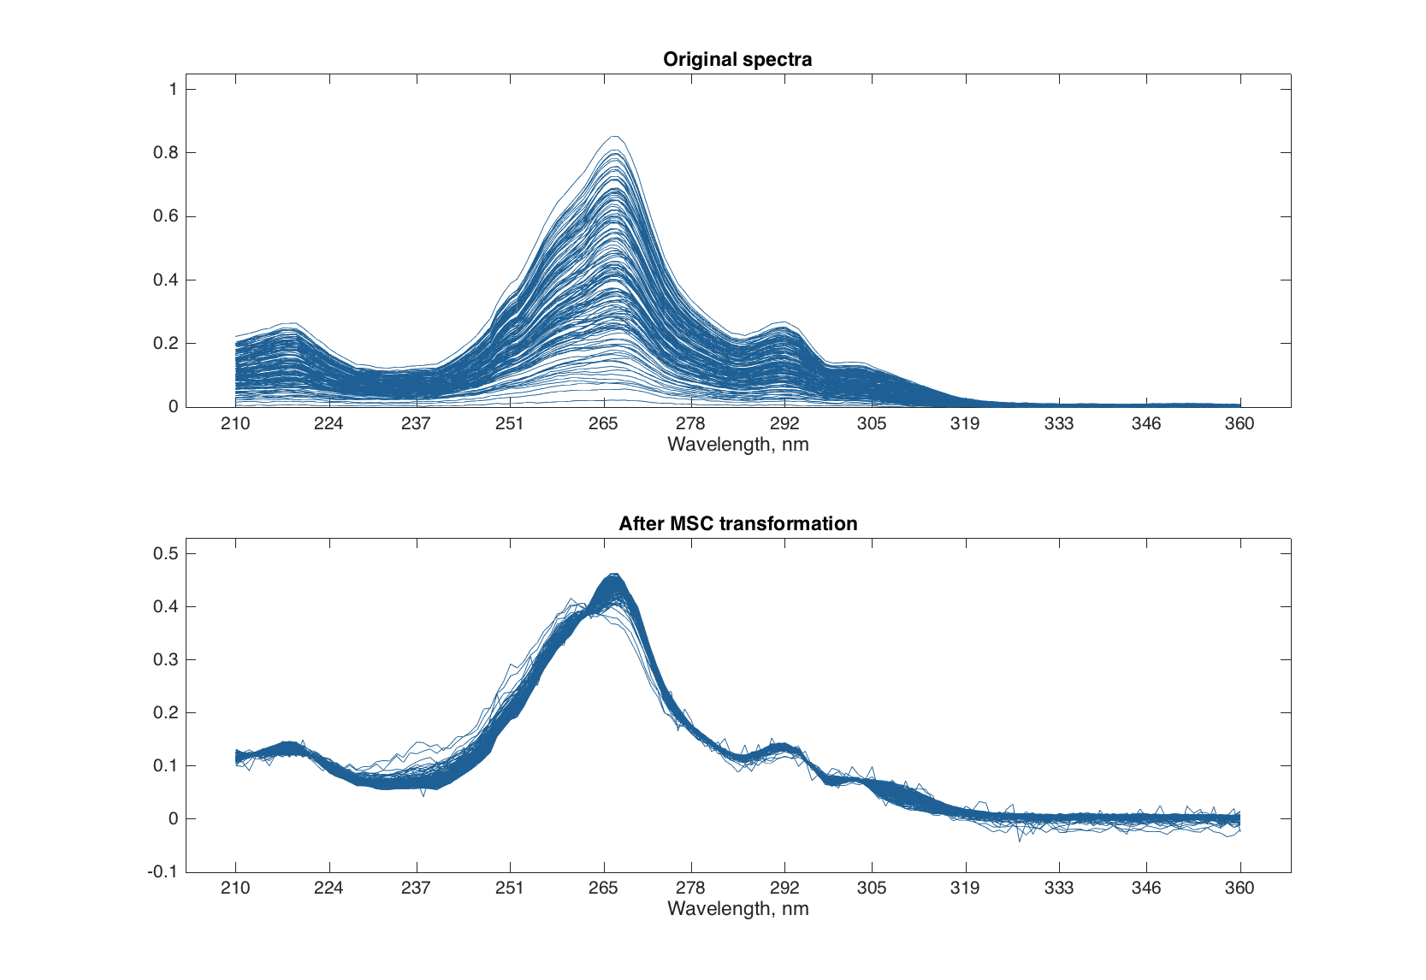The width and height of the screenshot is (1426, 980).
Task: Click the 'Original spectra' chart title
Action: tap(737, 59)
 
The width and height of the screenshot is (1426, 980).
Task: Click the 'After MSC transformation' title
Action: tap(737, 523)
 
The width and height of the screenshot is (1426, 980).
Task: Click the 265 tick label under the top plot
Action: tap(603, 423)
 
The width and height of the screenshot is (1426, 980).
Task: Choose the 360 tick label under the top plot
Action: tap(1240, 423)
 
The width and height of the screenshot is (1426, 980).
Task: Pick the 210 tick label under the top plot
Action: tap(235, 423)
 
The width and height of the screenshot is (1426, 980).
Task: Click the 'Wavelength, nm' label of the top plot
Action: tap(737, 444)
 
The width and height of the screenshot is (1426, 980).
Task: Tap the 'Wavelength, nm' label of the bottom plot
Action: tap(737, 908)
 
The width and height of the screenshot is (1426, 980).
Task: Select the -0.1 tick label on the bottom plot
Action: tap(163, 871)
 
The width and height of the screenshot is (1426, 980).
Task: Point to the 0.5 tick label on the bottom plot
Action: tap(165, 553)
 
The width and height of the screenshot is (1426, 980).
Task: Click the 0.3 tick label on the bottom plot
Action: tap(165, 659)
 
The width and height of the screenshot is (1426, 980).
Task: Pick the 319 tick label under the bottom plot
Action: tap(965, 888)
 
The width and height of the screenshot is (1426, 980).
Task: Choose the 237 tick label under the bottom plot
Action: tap(416, 888)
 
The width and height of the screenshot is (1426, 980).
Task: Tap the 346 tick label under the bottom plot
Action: tap(1146, 888)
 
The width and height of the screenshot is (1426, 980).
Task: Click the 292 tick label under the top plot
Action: tap(784, 423)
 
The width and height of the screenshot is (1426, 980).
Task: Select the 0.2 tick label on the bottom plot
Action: tap(165, 712)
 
